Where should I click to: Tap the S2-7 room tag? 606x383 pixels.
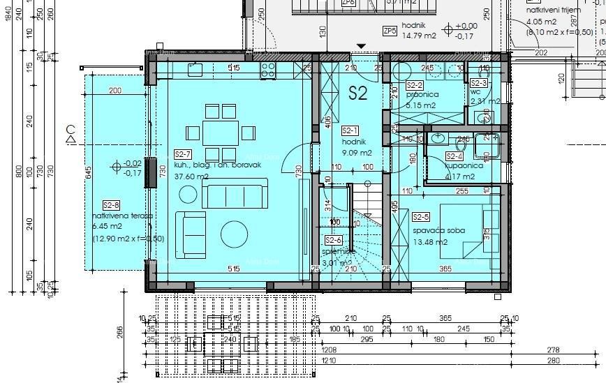click(183, 154)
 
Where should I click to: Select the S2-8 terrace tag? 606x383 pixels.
click(111, 205)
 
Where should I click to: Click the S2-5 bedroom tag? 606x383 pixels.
click(420, 217)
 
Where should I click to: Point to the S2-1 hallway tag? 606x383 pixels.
click(350, 130)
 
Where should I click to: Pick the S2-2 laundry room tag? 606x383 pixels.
click(415, 85)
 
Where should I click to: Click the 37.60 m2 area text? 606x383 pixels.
click(192, 177)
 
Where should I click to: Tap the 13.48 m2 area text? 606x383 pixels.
click(429, 242)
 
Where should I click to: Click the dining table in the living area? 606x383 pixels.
click(220, 132)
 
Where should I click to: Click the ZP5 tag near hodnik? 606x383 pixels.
click(390, 31)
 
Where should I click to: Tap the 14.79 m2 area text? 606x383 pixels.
click(419, 37)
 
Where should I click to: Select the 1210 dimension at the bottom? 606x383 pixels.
click(329, 361)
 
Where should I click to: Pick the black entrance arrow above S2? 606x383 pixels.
click(360, 47)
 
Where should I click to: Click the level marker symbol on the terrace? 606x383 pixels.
click(117, 167)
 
